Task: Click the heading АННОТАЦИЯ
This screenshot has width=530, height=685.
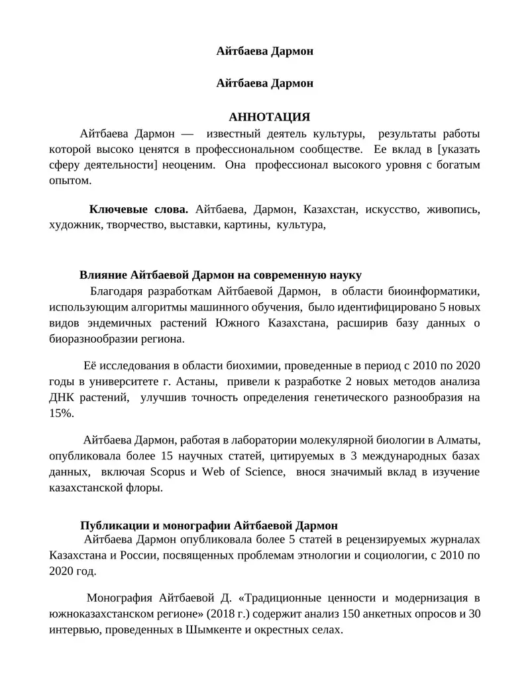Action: [x=270, y=117]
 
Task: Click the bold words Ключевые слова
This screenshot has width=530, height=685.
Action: [x=139, y=209]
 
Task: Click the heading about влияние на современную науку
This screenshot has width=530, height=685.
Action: [x=221, y=275]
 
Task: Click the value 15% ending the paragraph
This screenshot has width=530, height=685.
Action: [x=62, y=414]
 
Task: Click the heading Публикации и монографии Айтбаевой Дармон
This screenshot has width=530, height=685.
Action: [x=209, y=525]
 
